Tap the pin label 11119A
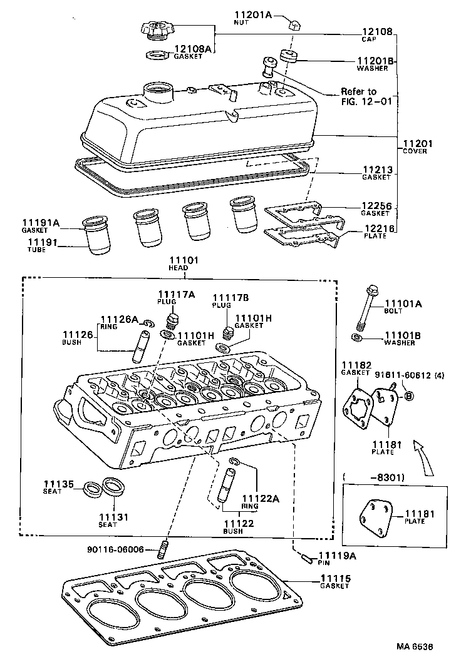pos(337,556)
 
